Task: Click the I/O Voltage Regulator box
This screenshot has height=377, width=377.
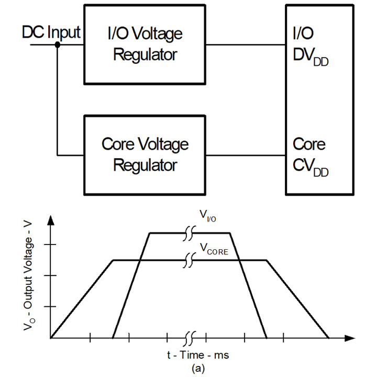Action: [143, 44]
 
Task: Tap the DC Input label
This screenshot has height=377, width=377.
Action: [51, 32]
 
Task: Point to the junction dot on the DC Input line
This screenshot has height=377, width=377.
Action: [58, 45]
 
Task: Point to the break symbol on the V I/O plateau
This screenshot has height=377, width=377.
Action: [190, 234]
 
